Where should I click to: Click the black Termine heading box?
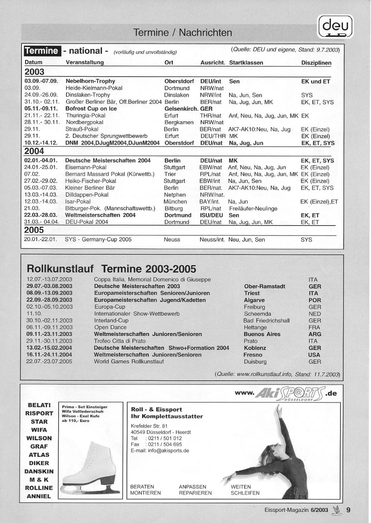tap(42, 51)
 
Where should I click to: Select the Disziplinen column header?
tap(316, 63)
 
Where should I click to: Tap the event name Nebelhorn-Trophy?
tap(90, 81)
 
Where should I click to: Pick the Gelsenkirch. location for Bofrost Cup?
tap(181, 109)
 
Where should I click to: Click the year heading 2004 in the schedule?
tap(34, 151)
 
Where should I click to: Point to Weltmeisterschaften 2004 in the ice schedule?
tap(100, 215)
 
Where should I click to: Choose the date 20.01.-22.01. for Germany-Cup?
tap(41, 240)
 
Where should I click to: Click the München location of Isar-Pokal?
tap(175, 201)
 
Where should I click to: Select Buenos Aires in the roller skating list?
tap(262, 334)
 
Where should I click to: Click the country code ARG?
tap(315, 334)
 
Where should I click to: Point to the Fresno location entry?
tap(253, 355)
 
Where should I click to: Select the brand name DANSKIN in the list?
tap(39, 472)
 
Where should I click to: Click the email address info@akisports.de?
tap(160, 451)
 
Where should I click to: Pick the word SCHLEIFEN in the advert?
tap(245, 493)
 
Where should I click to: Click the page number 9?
tap(348, 510)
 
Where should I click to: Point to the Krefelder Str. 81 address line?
tap(149, 426)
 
